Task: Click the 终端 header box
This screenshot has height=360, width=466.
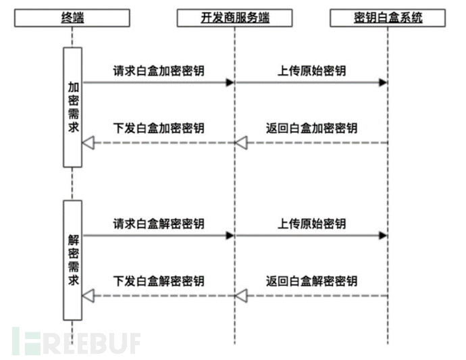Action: [x=73, y=18]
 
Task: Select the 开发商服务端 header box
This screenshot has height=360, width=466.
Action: [x=234, y=18]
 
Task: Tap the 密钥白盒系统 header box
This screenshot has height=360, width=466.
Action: [x=388, y=18]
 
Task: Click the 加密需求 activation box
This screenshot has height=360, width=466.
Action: [x=73, y=107]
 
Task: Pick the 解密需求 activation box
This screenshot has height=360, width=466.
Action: [x=73, y=259]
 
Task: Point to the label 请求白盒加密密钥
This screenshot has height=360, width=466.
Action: [x=159, y=70]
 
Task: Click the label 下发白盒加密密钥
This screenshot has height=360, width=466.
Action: [x=159, y=128]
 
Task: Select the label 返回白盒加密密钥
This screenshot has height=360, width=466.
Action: [x=311, y=128]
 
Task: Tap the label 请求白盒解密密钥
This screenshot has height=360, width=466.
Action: [x=159, y=224]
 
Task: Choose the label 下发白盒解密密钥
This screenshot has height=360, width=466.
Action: [x=159, y=281]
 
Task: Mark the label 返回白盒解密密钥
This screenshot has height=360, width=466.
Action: [x=311, y=281]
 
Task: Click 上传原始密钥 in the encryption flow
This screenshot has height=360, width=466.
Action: [x=311, y=70]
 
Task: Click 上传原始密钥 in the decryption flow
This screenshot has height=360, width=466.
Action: [x=311, y=224]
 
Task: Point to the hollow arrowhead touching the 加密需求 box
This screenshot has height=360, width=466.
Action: [x=87, y=143]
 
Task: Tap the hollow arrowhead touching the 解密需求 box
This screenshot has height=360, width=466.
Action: [x=87, y=295]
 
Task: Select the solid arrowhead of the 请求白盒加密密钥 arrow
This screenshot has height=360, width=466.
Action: [x=230, y=82]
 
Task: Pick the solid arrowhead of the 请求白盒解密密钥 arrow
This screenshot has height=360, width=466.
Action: [x=230, y=235]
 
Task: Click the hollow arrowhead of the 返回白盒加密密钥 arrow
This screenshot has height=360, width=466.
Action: [x=241, y=143]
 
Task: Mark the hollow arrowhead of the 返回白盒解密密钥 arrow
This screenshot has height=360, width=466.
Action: [x=241, y=295]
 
